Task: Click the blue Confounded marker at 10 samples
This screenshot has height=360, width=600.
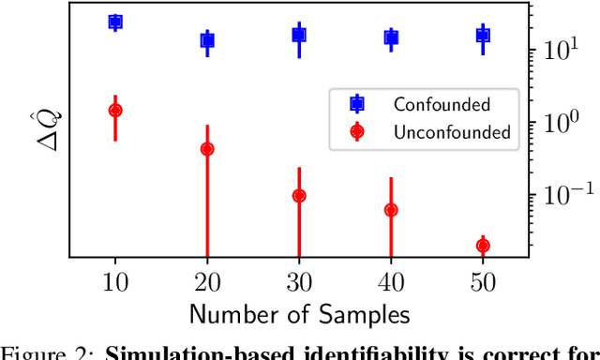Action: (x=115, y=22)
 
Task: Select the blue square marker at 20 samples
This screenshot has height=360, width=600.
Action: (x=207, y=40)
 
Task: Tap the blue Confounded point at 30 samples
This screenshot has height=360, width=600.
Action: (x=299, y=36)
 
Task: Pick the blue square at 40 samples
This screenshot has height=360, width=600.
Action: (x=391, y=37)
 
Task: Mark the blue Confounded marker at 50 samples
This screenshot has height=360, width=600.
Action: (x=483, y=36)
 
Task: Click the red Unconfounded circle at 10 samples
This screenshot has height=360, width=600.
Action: (x=115, y=111)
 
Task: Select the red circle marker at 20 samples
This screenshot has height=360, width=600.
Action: (x=207, y=149)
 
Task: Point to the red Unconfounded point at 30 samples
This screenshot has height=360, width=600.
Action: (x=299, y=196)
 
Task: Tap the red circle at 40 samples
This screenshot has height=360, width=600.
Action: (x=391, y=210)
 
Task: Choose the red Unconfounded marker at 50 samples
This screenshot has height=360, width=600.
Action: (x=483, y=246)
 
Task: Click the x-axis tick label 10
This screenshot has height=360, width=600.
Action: (x=115, y=280)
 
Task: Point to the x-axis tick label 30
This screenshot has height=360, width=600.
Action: (x=299, y=280)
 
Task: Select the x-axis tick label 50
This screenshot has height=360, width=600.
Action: (x=483, y=280)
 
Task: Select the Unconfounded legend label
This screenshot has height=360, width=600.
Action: (x=452, y=132)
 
